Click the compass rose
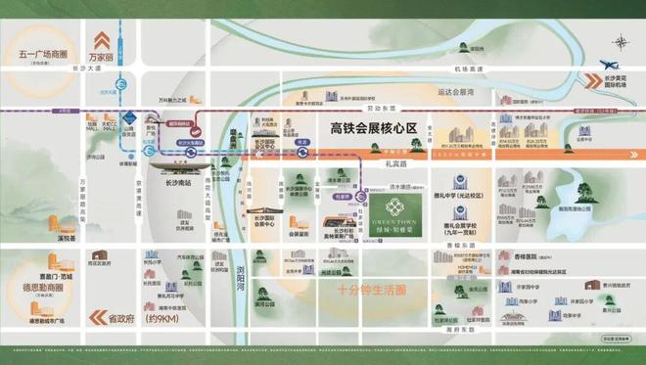pyautogui.click(x=621, y=42)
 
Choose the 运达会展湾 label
pyautogui.click(x=456, y=90)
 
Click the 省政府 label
pyautogui.click(x=120, y=318)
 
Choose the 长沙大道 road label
pyautogui.click(x=86, y=68)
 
